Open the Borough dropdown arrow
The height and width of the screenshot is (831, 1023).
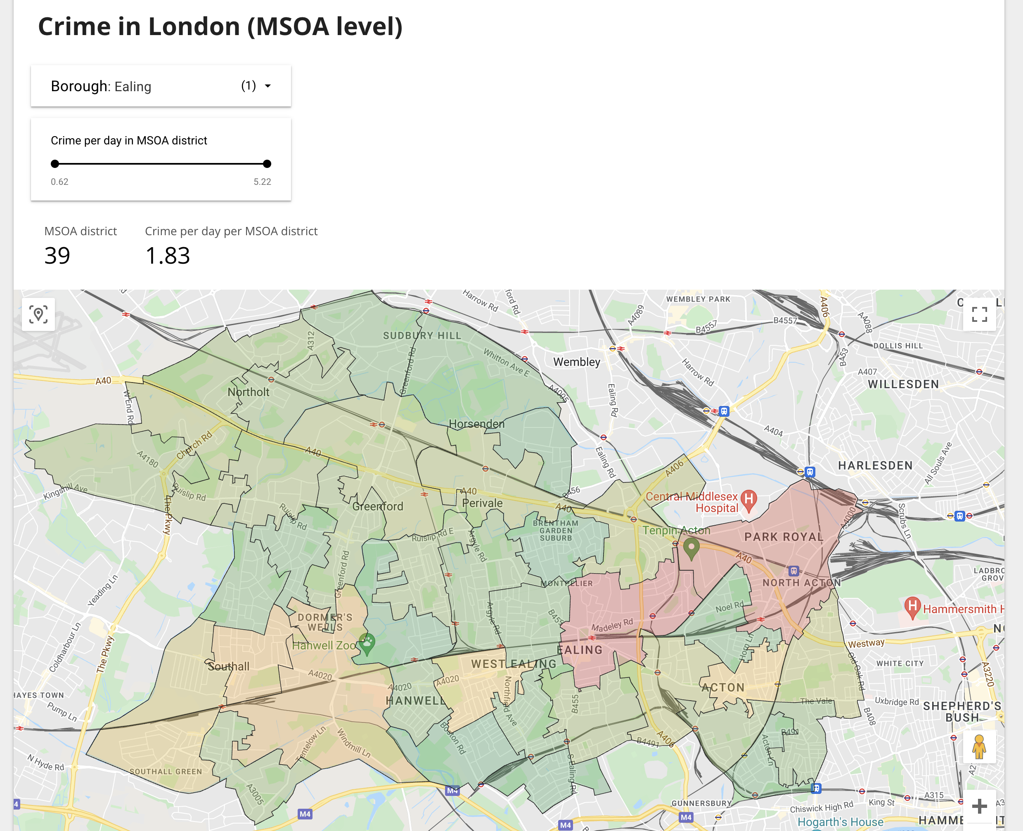[268, 86]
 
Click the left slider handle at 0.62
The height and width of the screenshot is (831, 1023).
[55, 164]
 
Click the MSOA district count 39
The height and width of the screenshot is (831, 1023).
[57, 256]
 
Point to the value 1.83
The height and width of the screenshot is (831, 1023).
[168, 256]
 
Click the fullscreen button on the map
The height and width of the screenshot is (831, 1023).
[979, 314]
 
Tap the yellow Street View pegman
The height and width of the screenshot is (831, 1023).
[979, 747]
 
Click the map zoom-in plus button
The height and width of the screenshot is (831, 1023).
[979, 806]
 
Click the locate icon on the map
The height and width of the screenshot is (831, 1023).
[38, 314]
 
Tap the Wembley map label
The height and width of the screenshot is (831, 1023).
[577, 362]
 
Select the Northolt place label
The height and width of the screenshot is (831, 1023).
[248, 392]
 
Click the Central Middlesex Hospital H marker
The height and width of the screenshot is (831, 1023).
[748, 499]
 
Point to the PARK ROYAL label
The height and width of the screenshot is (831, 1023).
[784, 537]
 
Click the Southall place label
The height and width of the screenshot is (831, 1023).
[228, 666]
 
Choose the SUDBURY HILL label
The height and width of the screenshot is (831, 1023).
[422, 335]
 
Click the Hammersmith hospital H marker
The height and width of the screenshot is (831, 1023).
[912, 606]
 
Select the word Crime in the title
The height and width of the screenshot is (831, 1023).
[74, 26]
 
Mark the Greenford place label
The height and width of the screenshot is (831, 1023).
[377, 506]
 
